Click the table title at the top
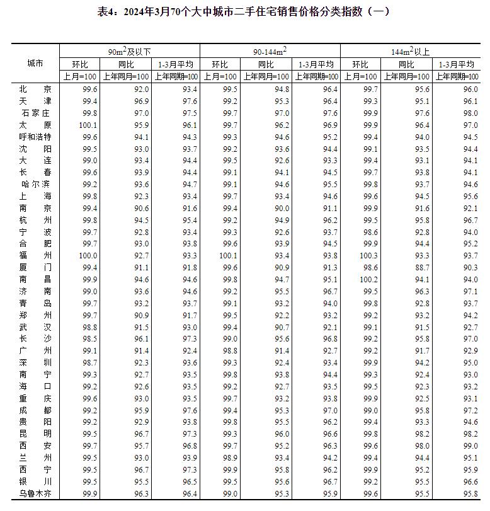245,11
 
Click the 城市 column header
35,64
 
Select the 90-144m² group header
270,51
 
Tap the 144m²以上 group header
411,51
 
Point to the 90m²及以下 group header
129,51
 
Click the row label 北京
35,89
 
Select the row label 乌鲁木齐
35,493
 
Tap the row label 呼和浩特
35,137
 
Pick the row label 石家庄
35,113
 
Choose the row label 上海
35,196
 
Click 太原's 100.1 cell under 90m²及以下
88,125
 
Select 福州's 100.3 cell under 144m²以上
369,255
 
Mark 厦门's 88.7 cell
420,267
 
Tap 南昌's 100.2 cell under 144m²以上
369,279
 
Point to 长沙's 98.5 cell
89,339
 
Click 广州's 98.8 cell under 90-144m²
229,350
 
